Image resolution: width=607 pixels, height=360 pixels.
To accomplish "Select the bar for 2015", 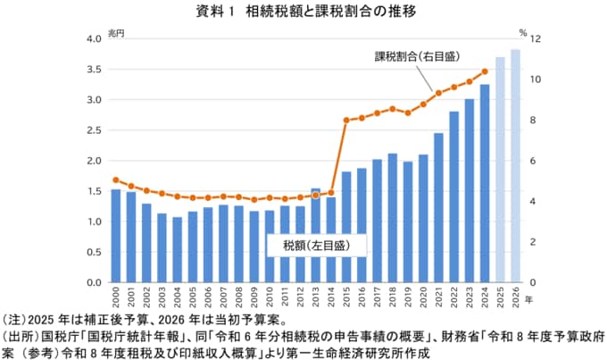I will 346,227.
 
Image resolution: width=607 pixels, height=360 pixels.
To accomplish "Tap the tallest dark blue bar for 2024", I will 485,183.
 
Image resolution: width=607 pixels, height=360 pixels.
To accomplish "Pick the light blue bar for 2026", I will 515,165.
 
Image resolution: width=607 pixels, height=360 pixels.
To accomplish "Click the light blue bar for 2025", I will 500,170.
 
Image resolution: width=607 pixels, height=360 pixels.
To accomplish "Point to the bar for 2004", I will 177,250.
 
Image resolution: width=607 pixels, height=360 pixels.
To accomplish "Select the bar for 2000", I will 116,236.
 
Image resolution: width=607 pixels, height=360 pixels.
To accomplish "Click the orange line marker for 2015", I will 346,120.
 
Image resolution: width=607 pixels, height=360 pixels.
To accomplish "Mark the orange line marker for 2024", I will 485,71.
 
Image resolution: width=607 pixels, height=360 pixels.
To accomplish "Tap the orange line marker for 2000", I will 116,180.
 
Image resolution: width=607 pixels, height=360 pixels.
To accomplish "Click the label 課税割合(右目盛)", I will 418,56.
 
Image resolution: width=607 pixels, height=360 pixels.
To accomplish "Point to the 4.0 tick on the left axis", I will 94,39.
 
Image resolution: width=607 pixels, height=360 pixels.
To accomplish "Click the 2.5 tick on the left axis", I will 94,130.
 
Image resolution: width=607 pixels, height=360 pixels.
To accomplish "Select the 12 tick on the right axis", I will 535,39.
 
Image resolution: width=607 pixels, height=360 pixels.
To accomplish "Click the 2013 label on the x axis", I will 316,298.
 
